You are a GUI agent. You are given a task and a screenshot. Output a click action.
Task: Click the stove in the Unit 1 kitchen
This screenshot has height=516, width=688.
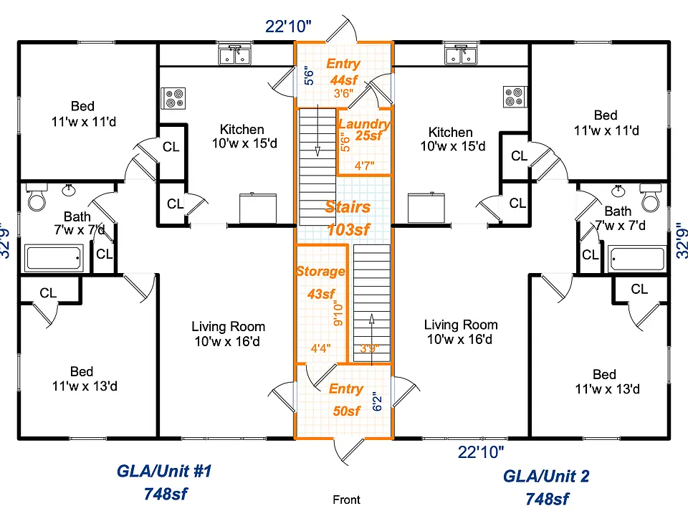click(173, 98)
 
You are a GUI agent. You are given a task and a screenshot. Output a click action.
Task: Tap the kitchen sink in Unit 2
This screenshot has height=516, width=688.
click(461, 55)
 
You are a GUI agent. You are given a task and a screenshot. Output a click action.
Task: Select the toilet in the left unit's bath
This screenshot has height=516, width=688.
click(37, 196)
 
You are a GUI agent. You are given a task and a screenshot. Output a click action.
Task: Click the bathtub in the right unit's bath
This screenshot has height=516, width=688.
click(636, 259)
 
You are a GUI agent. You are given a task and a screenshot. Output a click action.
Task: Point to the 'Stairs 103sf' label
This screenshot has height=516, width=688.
click(348, 218)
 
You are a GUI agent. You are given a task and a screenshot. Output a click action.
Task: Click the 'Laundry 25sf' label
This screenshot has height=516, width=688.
click(365, 130)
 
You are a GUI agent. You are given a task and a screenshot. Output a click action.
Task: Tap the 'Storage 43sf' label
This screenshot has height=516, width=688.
click(321, 282)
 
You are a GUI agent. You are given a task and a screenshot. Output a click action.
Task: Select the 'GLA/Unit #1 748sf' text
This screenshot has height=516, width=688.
click(165, 482)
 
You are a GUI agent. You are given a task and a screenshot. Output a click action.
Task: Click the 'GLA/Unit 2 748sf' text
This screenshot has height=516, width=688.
click(546, 487)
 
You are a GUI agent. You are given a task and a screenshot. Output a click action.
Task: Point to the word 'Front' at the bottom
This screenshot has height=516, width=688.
click(347, 500)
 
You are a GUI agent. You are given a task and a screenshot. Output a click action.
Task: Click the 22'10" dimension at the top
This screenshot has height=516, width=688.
click(288, 27)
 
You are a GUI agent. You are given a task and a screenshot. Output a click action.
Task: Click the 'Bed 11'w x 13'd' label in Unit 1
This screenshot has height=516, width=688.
click(85, 378)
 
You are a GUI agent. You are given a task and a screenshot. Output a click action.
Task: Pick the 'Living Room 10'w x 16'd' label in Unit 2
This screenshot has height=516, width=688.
click(461, 332)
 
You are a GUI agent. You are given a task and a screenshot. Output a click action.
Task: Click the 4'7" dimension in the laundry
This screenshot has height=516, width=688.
click(365, 166)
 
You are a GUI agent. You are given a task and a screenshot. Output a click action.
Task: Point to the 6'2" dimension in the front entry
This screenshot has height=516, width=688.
click(378, 401)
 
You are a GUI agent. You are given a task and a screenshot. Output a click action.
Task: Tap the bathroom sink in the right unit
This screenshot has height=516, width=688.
click(618, 191)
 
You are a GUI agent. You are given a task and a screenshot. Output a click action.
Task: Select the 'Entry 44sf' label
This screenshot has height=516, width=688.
click(343, 72)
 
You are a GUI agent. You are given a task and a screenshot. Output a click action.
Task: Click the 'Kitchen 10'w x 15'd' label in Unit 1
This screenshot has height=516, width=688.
click(244, 136)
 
